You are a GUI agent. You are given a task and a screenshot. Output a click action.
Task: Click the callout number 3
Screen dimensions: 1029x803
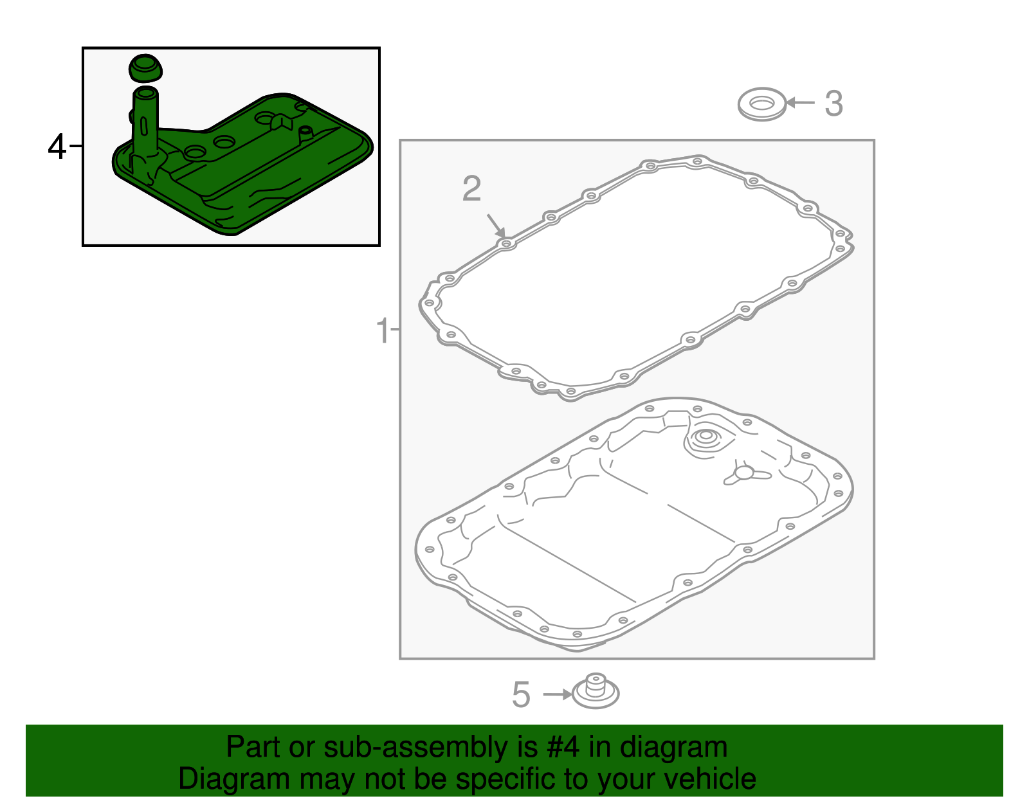[833, 104]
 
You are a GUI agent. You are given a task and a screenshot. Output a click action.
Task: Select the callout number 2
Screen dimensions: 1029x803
[471, 188]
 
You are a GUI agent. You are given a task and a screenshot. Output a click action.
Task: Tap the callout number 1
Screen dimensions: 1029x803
[383, 330]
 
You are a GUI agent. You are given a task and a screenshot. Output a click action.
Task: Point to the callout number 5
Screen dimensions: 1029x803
[521, 694]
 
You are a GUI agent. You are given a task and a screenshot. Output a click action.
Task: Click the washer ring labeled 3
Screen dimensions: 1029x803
[762, 114]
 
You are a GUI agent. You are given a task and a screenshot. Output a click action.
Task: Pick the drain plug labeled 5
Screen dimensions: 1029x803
[596, 691]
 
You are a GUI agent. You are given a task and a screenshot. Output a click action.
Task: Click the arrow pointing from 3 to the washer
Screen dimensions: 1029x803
[800, 102]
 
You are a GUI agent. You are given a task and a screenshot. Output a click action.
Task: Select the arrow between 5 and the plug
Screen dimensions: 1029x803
[558, 694]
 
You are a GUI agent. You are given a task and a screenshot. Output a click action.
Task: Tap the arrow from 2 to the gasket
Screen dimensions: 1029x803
[496, 226]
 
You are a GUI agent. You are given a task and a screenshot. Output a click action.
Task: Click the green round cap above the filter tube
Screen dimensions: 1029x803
[145, 69]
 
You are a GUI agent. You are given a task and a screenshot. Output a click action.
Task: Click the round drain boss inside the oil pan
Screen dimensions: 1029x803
[705, 438]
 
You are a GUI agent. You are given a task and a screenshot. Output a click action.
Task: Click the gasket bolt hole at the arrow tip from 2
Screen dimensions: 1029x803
[506, 244]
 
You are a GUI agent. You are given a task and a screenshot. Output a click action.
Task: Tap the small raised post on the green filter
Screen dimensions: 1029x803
[305, 134]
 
